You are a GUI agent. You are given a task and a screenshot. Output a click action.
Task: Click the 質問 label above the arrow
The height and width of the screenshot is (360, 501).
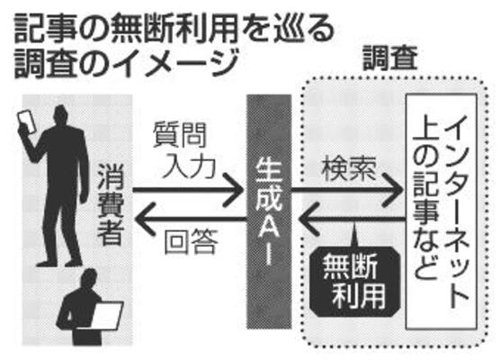coord(180,135)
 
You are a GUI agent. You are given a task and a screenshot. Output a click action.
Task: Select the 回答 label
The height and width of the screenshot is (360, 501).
coord(191,241)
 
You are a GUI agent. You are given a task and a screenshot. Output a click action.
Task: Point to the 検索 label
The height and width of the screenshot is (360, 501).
coord(349,168)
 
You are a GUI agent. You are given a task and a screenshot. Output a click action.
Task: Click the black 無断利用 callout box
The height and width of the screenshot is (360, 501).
coord(355,282)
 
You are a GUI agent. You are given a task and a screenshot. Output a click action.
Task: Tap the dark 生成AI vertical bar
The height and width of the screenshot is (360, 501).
coord(269,211)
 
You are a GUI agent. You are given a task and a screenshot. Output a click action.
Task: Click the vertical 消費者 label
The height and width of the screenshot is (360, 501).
coord(111,204)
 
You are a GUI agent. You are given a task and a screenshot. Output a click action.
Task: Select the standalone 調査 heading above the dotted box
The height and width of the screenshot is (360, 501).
coord(390,58)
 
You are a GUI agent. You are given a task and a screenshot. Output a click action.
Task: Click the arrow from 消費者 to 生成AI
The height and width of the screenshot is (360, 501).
coord(188,191)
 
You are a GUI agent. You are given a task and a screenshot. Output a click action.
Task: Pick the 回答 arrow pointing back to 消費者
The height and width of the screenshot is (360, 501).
coord(191,220)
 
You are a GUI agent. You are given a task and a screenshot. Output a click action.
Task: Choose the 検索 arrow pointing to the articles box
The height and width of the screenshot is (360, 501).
coord(347,191)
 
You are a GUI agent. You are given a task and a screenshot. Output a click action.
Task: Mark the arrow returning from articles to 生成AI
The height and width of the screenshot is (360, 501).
coord(352,220)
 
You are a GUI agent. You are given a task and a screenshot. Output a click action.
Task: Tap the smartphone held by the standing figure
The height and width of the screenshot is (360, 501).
coord(26,122)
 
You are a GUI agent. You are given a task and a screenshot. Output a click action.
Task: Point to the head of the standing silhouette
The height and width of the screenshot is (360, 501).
coord(61,117)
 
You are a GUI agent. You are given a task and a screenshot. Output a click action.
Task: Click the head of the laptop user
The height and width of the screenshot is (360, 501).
coord(89,279)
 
